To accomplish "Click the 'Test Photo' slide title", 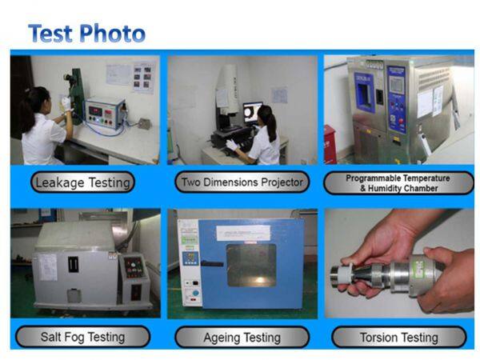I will click(86, 34).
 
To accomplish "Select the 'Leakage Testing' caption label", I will click(83, 182).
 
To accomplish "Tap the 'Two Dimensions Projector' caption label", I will click(242, 182).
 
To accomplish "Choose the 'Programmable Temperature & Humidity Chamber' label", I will click(398, 182).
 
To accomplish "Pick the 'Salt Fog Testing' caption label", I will click(82, 337).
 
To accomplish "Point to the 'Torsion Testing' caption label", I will click(398, 337).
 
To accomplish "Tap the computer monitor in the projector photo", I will click(253, 112).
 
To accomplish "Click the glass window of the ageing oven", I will click(250, 265).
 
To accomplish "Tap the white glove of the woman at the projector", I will click(232, 145).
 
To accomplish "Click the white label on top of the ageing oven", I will click(242, 228).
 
